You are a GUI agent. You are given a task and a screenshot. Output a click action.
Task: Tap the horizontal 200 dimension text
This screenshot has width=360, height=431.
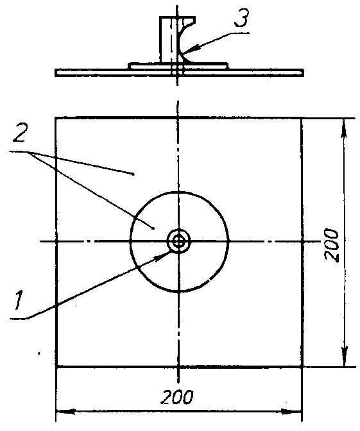tap(177, 397)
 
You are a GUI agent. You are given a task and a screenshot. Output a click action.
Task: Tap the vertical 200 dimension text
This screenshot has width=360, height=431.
tap(331, 245)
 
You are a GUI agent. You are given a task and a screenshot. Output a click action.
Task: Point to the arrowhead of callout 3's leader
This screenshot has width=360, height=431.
tap(193, 49)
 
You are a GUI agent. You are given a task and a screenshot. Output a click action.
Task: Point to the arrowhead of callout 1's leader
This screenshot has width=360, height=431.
tap(162, 257)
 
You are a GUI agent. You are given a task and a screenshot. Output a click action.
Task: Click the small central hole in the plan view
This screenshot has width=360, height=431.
tap(178, 242)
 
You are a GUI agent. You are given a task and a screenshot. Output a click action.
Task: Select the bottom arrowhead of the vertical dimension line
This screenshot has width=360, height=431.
tap(345, 357)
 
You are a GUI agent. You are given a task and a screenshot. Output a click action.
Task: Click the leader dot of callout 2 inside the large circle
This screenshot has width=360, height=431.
tap(153, 228)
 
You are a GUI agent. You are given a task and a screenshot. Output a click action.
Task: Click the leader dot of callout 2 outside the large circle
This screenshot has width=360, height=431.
tap(133, 174)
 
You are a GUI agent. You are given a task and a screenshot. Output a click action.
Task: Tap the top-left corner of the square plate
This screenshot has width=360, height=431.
tap(56, 118)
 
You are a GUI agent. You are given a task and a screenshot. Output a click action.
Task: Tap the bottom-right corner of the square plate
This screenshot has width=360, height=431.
tap(302, 366)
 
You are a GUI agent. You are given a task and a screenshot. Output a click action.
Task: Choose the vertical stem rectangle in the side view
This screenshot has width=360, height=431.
tap(166, 39)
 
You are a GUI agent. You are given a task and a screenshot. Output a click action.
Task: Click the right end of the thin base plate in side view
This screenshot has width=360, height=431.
tap(304, 72)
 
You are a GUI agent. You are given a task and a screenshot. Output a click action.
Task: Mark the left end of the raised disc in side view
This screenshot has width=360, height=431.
tap(129, 66)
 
